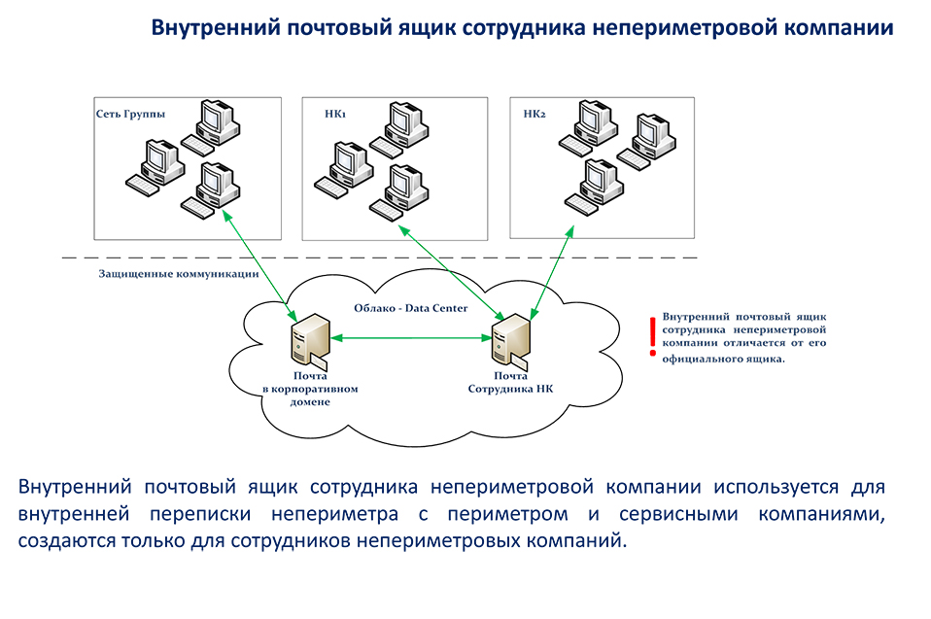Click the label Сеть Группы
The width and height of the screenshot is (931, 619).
coord(130,114)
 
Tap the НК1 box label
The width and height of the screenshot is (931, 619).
coord(335,114)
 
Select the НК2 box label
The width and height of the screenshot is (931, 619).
coord(534,114)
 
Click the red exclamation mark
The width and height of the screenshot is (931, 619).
coord(652,336)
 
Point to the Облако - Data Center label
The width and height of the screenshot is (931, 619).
coord(411,308)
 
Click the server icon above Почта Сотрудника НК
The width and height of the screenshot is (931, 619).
coord(511,339)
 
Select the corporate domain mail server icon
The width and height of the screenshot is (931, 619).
coord(309,340)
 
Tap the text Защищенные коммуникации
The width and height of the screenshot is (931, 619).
coord(179,274)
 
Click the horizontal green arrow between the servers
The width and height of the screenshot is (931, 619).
coord(411,338)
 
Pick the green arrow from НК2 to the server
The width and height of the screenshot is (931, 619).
coord(552,272)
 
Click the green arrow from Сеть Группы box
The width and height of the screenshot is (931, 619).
coord(259,265)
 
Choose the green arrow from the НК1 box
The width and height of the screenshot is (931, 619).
coord(453,272)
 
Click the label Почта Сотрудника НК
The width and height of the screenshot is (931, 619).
coord(510,382)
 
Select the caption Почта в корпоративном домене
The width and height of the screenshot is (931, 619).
coord(310,389)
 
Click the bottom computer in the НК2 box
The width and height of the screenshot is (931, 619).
coord(595,188)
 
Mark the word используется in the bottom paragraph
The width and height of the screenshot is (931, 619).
coord(776,487)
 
